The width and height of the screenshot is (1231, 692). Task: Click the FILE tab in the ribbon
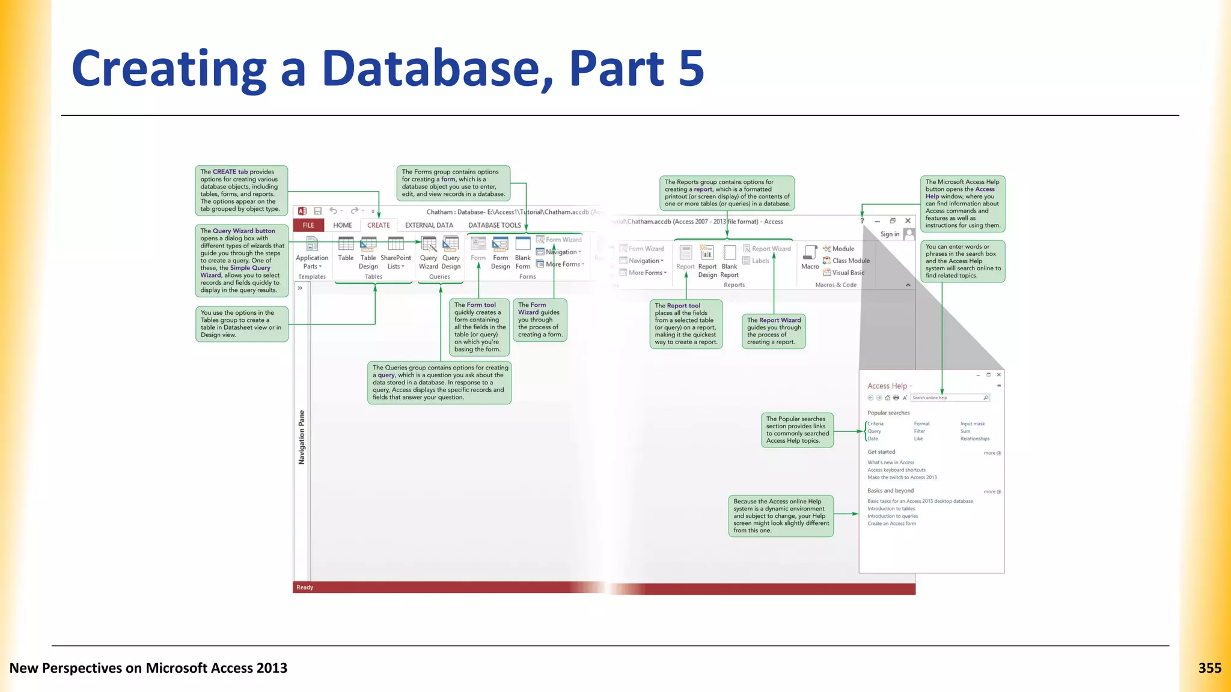pyautogui.click(x=308, y=225)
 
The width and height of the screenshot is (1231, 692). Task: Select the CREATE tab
pyautogui.click(x=379, y=225)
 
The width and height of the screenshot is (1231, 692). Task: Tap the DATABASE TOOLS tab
pyautogui.click(x=495, y=225)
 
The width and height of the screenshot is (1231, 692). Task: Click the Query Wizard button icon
pyautogui.click(x=429, y=244)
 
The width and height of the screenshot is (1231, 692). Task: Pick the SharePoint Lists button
pyautogui.click(x=396, y=253)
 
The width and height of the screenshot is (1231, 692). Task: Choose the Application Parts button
pyautogui.click(x=312, y=253)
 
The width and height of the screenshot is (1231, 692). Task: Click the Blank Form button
pyautogui.click(x=523, y=253)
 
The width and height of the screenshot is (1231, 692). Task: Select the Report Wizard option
pyautogui.click(x=768, y=249)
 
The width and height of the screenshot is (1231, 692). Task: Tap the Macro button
pyautogui.click(x=810, y=257)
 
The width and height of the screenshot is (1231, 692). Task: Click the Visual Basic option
pyautogui.click(x=848, y=273)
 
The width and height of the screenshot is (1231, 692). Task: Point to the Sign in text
pyautogui.click(x=890, y=234)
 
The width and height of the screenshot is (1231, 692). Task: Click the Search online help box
pyautogui.click(x=947, y=398)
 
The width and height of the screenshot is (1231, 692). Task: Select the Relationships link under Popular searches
pyautogui.click(x=975, y=439)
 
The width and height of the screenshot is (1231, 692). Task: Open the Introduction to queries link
pyautogui.click(x=893, y=516)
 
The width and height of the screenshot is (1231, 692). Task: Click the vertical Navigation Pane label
pyautogui.click(x=302, y=437)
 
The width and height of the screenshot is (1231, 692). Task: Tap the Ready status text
pyautogui.click(x=305, y=587)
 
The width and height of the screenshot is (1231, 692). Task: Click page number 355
pyautogui.click(x=1209, y=668)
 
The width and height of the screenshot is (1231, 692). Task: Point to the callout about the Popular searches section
pyautogui.click(x=798, y=430)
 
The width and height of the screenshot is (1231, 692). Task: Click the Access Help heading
pyautogui.click(x=887, y=386)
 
